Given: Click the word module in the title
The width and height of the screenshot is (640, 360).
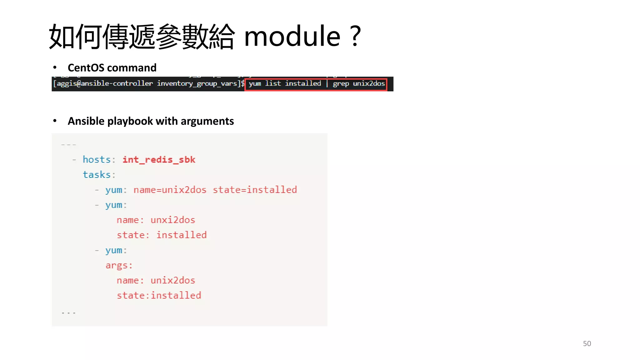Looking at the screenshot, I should point(292,37).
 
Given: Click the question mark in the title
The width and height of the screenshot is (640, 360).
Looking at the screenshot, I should point(356,37).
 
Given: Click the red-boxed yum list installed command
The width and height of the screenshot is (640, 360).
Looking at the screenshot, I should point(316,84).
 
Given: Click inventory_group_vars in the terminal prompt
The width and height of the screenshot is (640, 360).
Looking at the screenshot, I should point(197,84).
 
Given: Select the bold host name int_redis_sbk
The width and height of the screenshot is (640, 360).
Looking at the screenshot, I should point(159,160).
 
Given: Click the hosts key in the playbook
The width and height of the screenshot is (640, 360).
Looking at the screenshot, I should point(97,160).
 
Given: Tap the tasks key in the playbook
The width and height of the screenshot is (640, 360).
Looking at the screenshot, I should point(97,175).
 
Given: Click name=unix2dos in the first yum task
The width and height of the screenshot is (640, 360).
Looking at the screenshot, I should point(170,190).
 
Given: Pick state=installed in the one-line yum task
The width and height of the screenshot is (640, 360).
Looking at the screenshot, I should point(255,190).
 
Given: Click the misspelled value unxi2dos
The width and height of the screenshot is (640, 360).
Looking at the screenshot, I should point(173,220).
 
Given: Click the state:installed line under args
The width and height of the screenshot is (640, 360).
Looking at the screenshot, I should point(159,295).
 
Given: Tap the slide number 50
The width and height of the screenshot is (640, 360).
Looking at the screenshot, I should point(587,343).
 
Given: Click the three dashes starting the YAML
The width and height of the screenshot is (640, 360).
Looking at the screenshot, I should point(68,145).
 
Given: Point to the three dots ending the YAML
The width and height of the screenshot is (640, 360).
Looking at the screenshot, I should point(68,312).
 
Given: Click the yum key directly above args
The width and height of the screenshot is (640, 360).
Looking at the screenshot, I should point(114,250).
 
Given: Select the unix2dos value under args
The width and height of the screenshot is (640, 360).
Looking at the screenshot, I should point(173,280).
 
